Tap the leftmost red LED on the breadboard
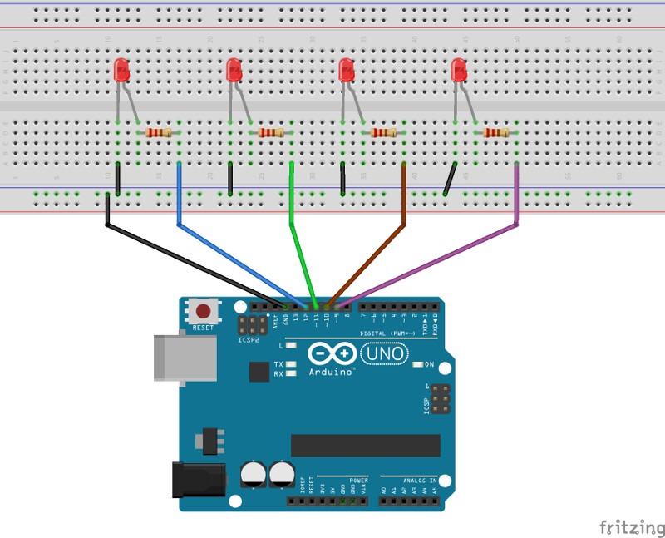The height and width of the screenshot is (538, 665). coord(121,71)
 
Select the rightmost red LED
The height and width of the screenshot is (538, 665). coord(458,71)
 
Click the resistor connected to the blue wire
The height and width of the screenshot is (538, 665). coord(158,132)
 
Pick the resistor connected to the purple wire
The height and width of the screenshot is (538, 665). coord(496,132)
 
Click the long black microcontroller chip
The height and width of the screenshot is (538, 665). coord(365,445)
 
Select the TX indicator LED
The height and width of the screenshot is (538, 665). coord(290,364)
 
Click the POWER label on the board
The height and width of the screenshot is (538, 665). coord(358,481)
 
